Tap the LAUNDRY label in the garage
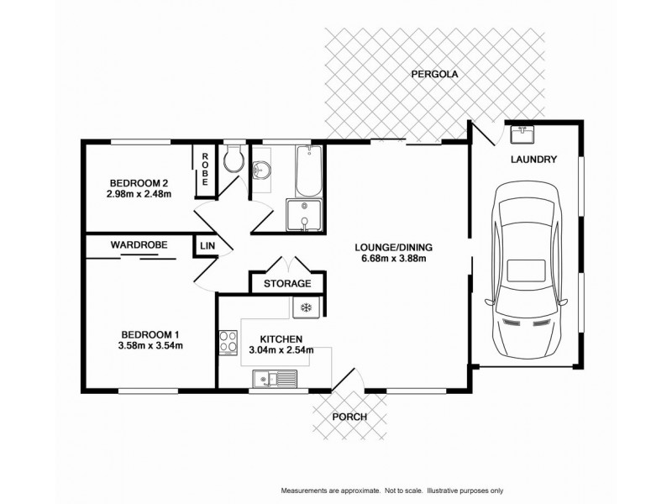(x=533, y=160)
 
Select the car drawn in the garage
(x=526, y=269)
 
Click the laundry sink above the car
(x=522, y=133)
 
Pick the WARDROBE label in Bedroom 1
(x=139, y=244)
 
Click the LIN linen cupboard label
(x=206, y=245)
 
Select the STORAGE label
(x=287, y=284)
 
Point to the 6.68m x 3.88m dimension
(x=393, y=259)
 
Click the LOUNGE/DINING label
(x=393, y=247)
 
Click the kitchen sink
(x=275, y=381)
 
